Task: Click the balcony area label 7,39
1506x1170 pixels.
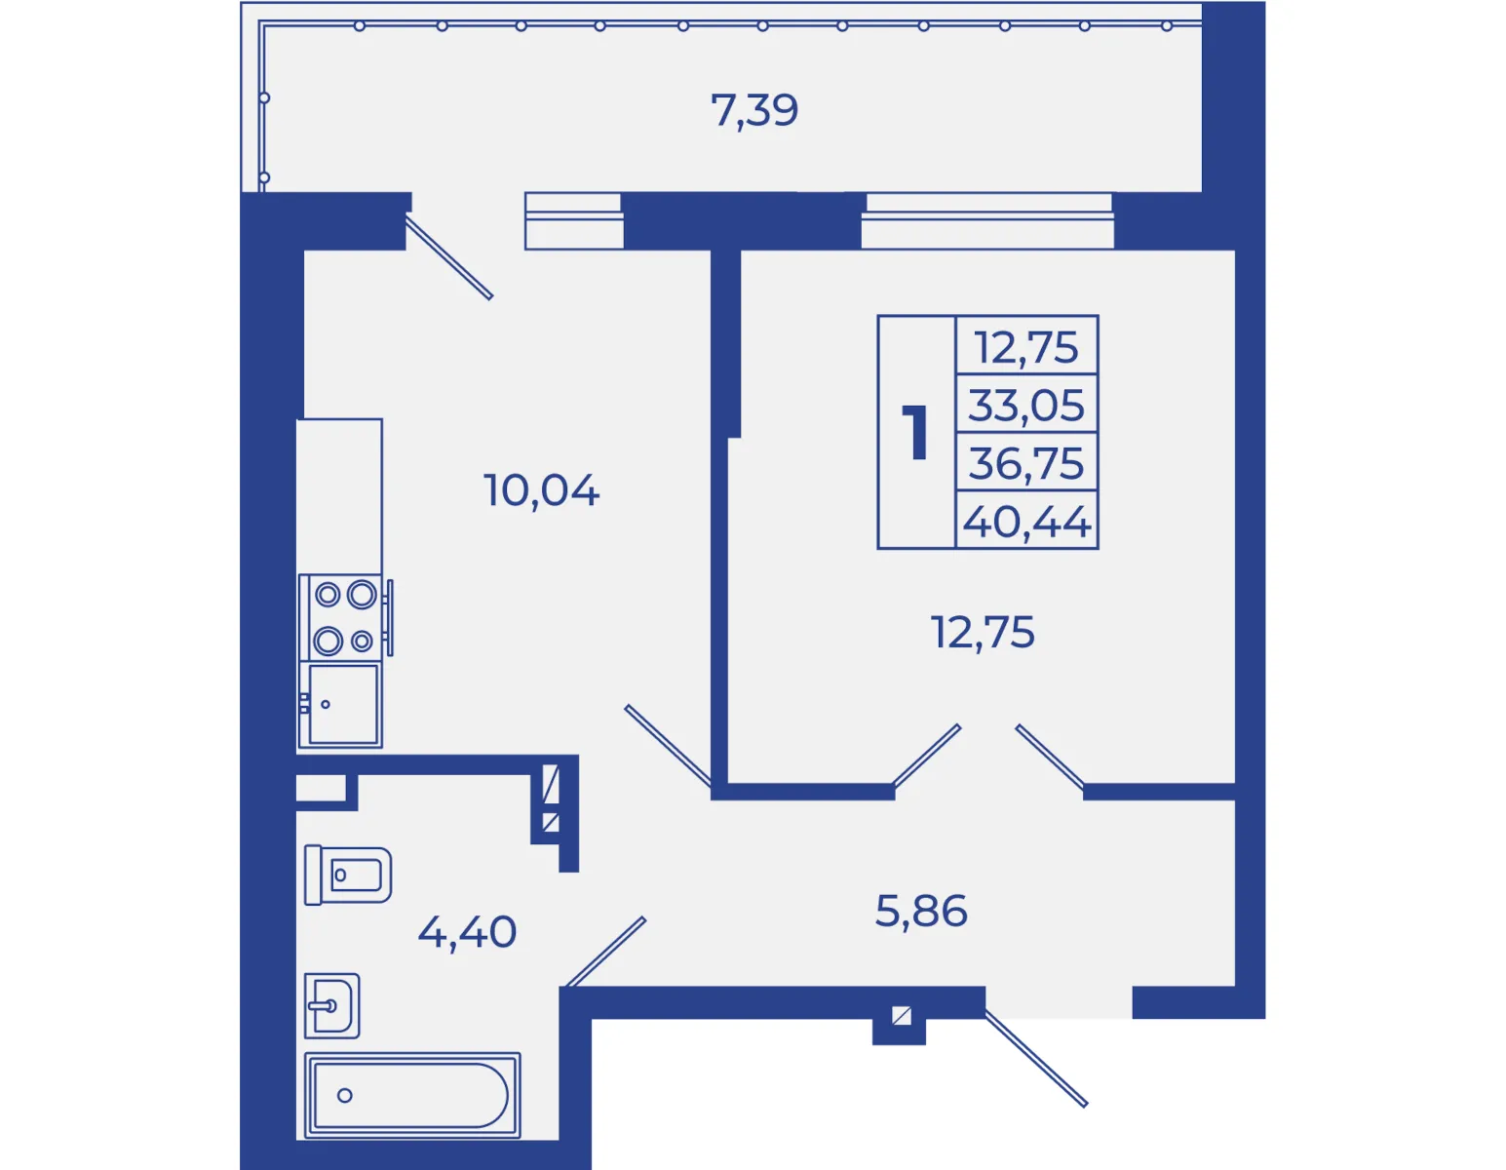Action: coord(754,110)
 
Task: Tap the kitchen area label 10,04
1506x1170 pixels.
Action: coord(541,490)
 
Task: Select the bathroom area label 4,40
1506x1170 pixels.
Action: coord(467,931)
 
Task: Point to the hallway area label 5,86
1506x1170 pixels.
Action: coord(921,911)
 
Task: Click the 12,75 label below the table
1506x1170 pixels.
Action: coord(983,632)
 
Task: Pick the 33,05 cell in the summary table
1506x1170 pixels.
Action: coord(1026,405)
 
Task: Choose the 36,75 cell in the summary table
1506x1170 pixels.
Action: coord(1026,463)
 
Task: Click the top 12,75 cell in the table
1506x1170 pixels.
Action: coord(1026,346)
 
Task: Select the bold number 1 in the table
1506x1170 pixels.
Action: coord(917,433)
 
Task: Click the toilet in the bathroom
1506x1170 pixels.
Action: coord(348,875)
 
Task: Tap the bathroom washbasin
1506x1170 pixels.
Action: coord(332,1006)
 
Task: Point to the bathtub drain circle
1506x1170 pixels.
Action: coord(344,1096)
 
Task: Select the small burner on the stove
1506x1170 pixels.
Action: coord(362,642)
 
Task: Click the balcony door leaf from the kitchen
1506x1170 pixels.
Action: coord(449,257)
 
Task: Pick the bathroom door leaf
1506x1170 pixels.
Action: coord(605,952)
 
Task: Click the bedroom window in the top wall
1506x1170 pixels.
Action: coord(987,220)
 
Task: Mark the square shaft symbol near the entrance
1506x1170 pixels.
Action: coord(901,1016)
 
